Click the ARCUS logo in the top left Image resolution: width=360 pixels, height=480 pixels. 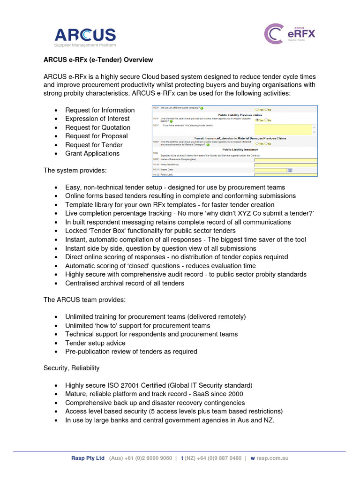coord(85,36)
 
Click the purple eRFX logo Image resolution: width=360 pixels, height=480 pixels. coord(290,34)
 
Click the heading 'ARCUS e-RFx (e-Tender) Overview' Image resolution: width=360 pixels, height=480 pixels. coord(98,60)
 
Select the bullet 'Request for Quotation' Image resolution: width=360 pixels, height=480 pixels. coord(97,127)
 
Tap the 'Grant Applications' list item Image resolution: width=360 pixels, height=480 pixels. coord(92,153)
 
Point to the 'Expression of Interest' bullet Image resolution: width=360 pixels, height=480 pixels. coord(97,119)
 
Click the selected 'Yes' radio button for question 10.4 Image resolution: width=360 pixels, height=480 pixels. coord(257,120)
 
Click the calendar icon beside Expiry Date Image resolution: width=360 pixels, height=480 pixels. coord(289,170)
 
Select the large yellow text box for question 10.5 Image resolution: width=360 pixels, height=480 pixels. coord(283,130)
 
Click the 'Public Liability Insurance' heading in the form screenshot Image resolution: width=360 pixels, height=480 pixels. coord(240,150)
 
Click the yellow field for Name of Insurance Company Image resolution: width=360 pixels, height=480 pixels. coord(285,160)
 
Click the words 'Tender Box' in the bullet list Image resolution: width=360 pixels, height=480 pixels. coord(109,231)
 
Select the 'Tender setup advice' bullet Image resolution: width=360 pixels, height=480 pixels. coord(95,343)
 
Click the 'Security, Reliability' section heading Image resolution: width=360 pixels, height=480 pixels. coord(71,368)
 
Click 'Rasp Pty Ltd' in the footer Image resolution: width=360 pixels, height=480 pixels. coord(88,458)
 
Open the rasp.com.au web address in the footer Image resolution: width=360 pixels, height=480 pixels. coord(272,458)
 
